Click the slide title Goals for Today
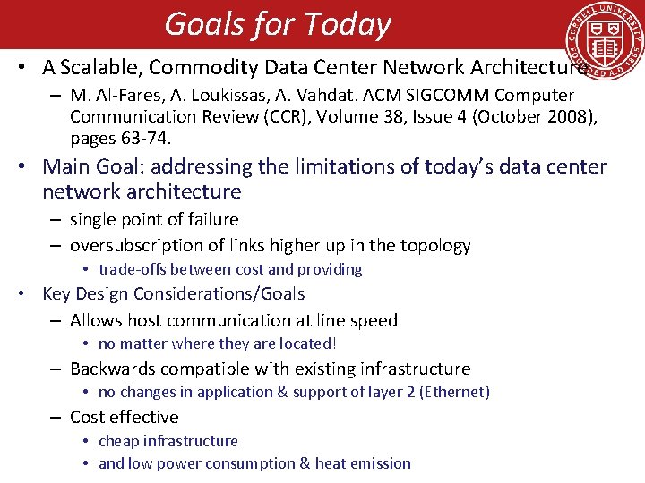(278, 24)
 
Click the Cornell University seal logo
(603, 45)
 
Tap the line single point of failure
(154, 220)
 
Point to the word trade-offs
(133, 270)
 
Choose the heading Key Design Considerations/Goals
(173, 294)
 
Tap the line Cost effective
(124, 418)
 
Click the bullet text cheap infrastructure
(168, 441)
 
